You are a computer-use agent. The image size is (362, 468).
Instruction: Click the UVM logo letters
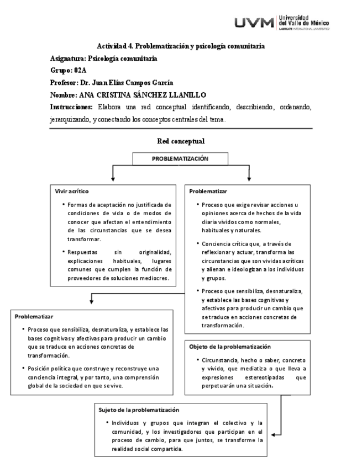click(255, 23)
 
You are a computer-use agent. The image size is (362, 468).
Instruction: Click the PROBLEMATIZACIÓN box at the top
click(180, 159)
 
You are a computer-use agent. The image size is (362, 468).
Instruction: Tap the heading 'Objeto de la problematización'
click(230, 347)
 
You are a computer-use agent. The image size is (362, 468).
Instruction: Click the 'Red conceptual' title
click(181, 141)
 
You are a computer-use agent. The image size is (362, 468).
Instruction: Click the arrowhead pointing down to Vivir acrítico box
click(113, 179)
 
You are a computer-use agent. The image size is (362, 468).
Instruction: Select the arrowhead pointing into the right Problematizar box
click(249, 179)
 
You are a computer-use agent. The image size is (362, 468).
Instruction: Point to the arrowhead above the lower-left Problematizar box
click(91, 301)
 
